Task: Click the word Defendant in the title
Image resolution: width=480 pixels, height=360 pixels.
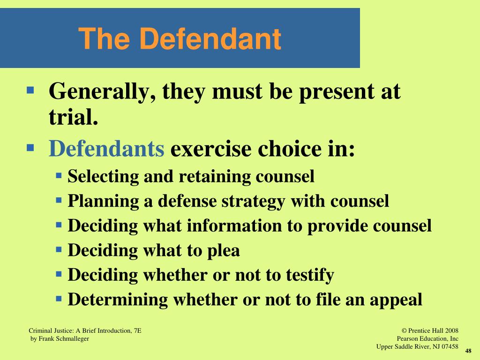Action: pyautogui.click(x=211, y=39)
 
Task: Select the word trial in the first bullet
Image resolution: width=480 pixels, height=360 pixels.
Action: pyautogui.click(x=73, y=117)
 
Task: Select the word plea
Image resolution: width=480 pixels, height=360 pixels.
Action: pyautogui.click(x=223, y=251)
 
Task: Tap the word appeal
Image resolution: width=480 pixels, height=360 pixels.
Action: pyautogui.click(x=395, y=300)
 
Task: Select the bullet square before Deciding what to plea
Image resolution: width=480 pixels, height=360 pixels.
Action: pyautogui.click(x=59, y=249)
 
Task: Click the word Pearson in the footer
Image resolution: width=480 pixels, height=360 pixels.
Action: pyautogui.click(x=407, y=338)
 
